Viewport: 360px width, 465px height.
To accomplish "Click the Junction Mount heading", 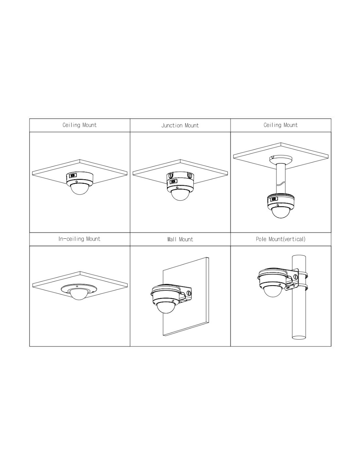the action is [x=180, y=125].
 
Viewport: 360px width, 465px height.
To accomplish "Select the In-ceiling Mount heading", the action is [x=79, y=239].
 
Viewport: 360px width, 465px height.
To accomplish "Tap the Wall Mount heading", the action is [x=180, y=239].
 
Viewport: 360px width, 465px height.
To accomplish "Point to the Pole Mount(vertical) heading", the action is [x=280, y=239].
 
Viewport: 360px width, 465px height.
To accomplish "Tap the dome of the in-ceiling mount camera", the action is [x=79, y=294].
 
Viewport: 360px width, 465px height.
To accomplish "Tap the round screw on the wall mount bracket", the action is [x=189, y=292].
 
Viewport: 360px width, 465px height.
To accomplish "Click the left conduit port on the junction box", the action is [x=171, y=175].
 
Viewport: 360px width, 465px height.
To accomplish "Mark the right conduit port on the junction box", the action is [x=189, y=175].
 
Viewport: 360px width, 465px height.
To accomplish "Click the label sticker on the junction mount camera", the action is [x=173, y=182].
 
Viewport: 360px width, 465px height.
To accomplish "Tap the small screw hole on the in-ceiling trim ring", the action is [x=77, y=286].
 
